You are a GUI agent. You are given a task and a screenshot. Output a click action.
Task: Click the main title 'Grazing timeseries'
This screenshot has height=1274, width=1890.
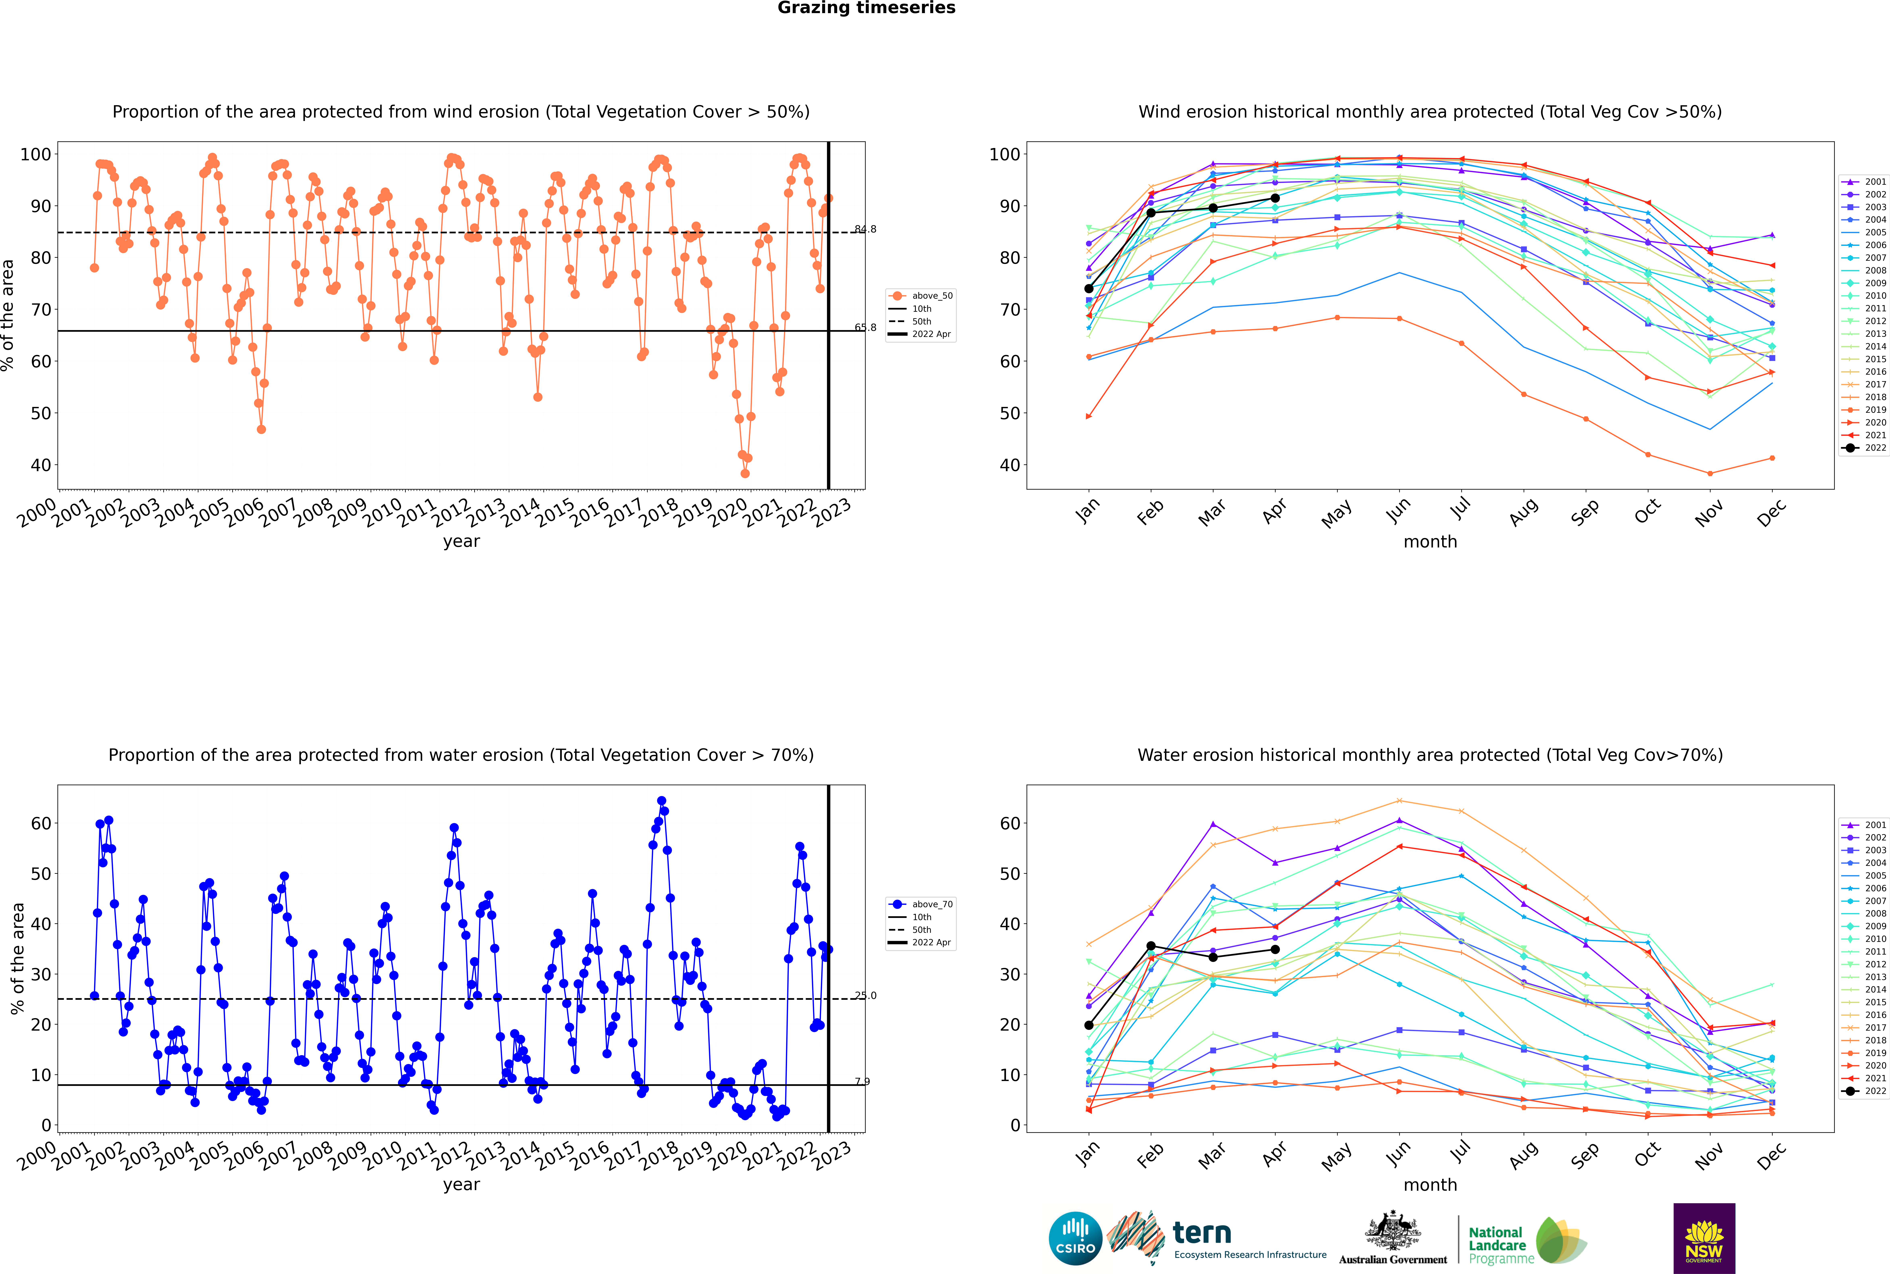pos(866,8)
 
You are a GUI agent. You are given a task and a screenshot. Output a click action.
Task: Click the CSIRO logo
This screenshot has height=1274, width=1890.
pos(1075,1238)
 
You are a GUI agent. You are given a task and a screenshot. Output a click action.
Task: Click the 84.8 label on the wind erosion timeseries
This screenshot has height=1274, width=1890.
pos(865,229)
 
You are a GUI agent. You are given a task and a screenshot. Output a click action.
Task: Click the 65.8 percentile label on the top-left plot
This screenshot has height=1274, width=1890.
pos(865,327)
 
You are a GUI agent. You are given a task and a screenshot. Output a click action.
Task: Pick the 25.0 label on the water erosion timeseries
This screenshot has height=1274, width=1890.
pos(865,995)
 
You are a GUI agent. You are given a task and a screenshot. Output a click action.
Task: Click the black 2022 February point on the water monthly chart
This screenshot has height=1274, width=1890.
pos(1151,946)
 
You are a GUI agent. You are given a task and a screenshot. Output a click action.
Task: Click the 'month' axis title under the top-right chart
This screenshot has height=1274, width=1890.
pos(1430,542)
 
